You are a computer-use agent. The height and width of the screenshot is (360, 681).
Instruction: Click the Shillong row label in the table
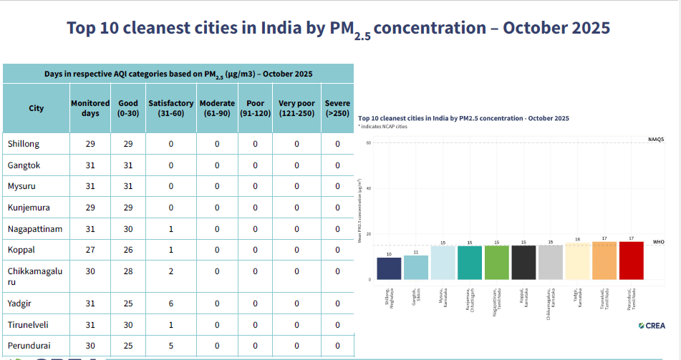[24, 144]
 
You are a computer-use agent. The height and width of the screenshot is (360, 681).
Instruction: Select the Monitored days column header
[90, 108]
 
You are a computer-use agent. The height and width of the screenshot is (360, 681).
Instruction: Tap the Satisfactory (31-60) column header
[171, 108]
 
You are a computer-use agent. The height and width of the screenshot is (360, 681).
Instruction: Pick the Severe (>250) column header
[337, 108]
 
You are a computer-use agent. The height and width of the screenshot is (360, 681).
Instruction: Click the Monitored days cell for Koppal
[90, 250]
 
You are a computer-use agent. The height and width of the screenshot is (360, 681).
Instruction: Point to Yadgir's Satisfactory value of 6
[171, 303]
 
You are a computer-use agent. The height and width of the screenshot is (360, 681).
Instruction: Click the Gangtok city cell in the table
[24, 165]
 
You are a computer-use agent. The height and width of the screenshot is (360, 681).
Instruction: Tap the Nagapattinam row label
[36, 228]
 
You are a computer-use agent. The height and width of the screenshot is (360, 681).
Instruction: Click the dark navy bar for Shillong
[389, 268]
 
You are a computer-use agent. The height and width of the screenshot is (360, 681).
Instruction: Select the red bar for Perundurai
[631, 261]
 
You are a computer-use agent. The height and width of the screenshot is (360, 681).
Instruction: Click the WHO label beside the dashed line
[658, 242]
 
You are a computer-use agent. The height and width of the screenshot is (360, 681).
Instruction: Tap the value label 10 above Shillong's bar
[389, 254]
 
